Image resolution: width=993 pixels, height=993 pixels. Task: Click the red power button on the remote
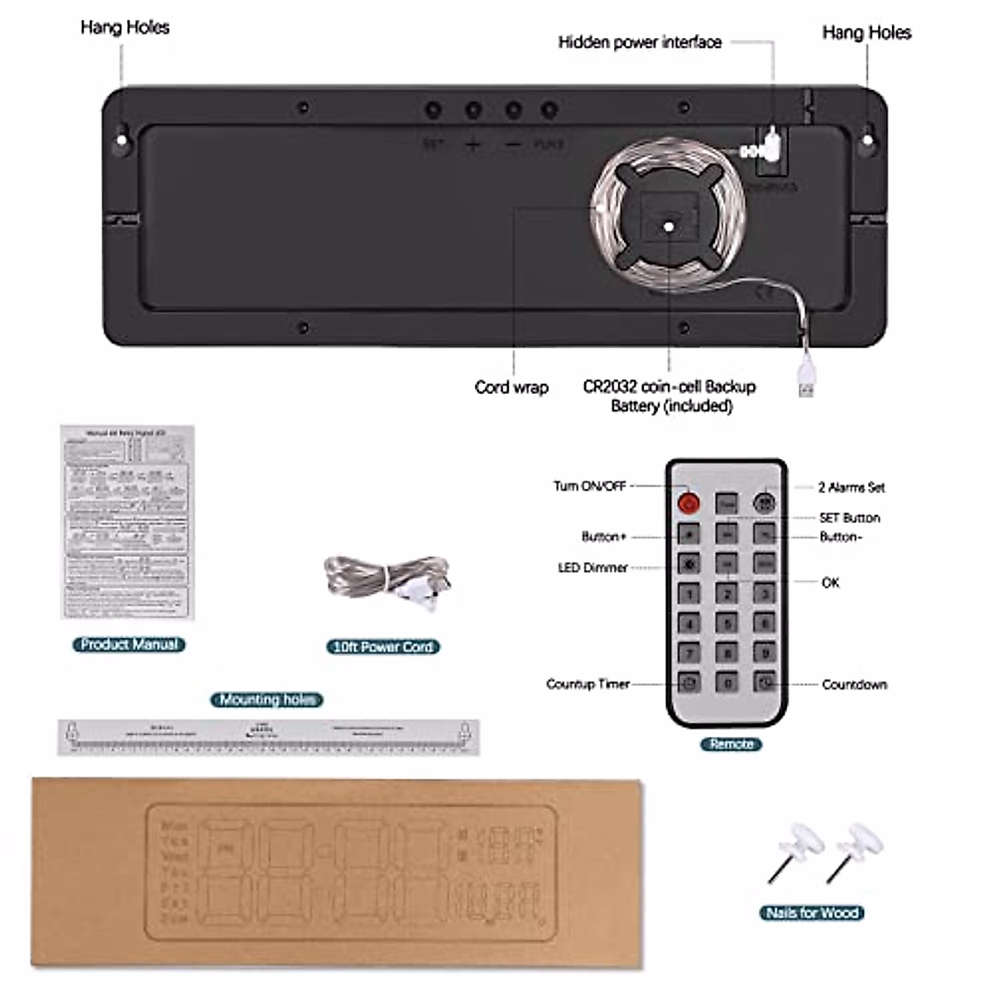688,502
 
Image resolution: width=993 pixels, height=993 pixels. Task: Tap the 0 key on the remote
727,684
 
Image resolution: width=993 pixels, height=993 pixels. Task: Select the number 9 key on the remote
765,653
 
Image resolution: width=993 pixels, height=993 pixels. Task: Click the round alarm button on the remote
765,502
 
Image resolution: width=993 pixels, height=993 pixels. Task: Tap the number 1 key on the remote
688,593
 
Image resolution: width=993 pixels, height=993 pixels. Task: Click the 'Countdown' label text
854,684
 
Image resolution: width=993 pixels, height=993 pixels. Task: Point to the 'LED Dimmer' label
592,568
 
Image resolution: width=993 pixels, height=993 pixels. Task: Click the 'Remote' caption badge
732,744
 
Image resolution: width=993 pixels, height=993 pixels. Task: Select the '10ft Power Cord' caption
382,646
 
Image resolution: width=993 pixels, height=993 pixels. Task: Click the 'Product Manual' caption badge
129,645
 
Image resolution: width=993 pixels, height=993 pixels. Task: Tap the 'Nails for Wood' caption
812,913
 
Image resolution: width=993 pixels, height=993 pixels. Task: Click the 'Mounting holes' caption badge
266,699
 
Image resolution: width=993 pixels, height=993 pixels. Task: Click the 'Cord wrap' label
511,386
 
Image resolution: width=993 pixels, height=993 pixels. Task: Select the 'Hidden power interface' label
640,42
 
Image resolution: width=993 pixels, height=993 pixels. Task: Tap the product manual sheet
127,522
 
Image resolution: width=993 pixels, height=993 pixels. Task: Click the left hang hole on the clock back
122,139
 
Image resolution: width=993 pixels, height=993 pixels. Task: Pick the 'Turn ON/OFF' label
589,486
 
